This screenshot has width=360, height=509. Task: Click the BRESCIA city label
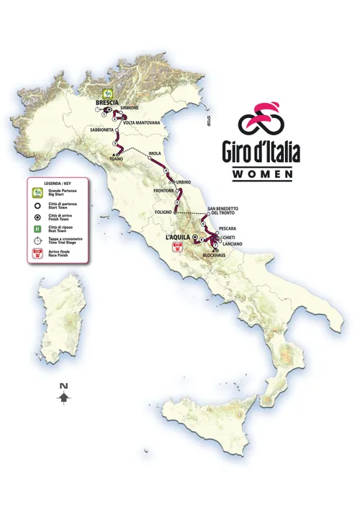click(107, 103)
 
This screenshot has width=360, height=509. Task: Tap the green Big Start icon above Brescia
click(107, 93)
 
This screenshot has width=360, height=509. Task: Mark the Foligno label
click(165, 212)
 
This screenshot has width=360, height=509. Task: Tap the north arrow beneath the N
click(64, 397)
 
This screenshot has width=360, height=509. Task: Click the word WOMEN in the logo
click(262, 174)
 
